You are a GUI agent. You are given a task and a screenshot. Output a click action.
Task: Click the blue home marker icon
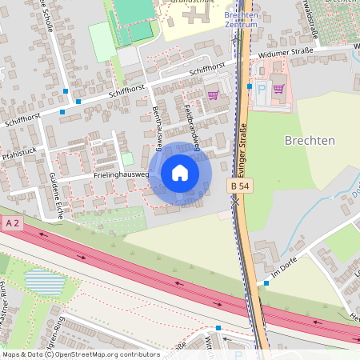(180, 172)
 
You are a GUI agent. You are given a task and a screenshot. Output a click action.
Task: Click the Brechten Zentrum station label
(241, 19)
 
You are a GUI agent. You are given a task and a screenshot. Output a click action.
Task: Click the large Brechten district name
(310, 140)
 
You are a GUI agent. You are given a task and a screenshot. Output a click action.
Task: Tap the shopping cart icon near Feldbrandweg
(213, 94)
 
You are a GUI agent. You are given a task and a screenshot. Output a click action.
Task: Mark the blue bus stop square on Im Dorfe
(266, 283)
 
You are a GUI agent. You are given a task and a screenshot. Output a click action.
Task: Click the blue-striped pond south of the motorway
(43, 282)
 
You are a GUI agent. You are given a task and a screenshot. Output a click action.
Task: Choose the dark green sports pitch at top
(134, 10)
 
